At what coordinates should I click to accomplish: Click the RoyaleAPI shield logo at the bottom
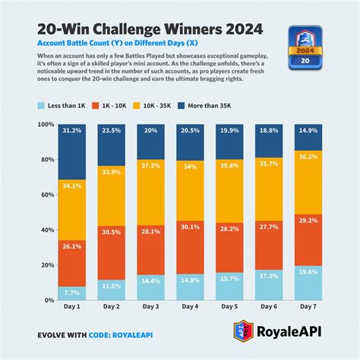pyautogui.click(x=240, y=332)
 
